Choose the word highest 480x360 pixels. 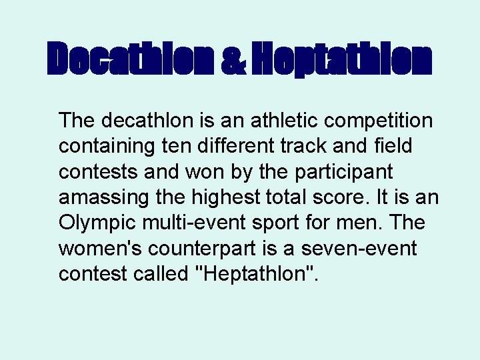(x=219, y=198)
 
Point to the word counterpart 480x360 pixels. (x=211, y=249)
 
